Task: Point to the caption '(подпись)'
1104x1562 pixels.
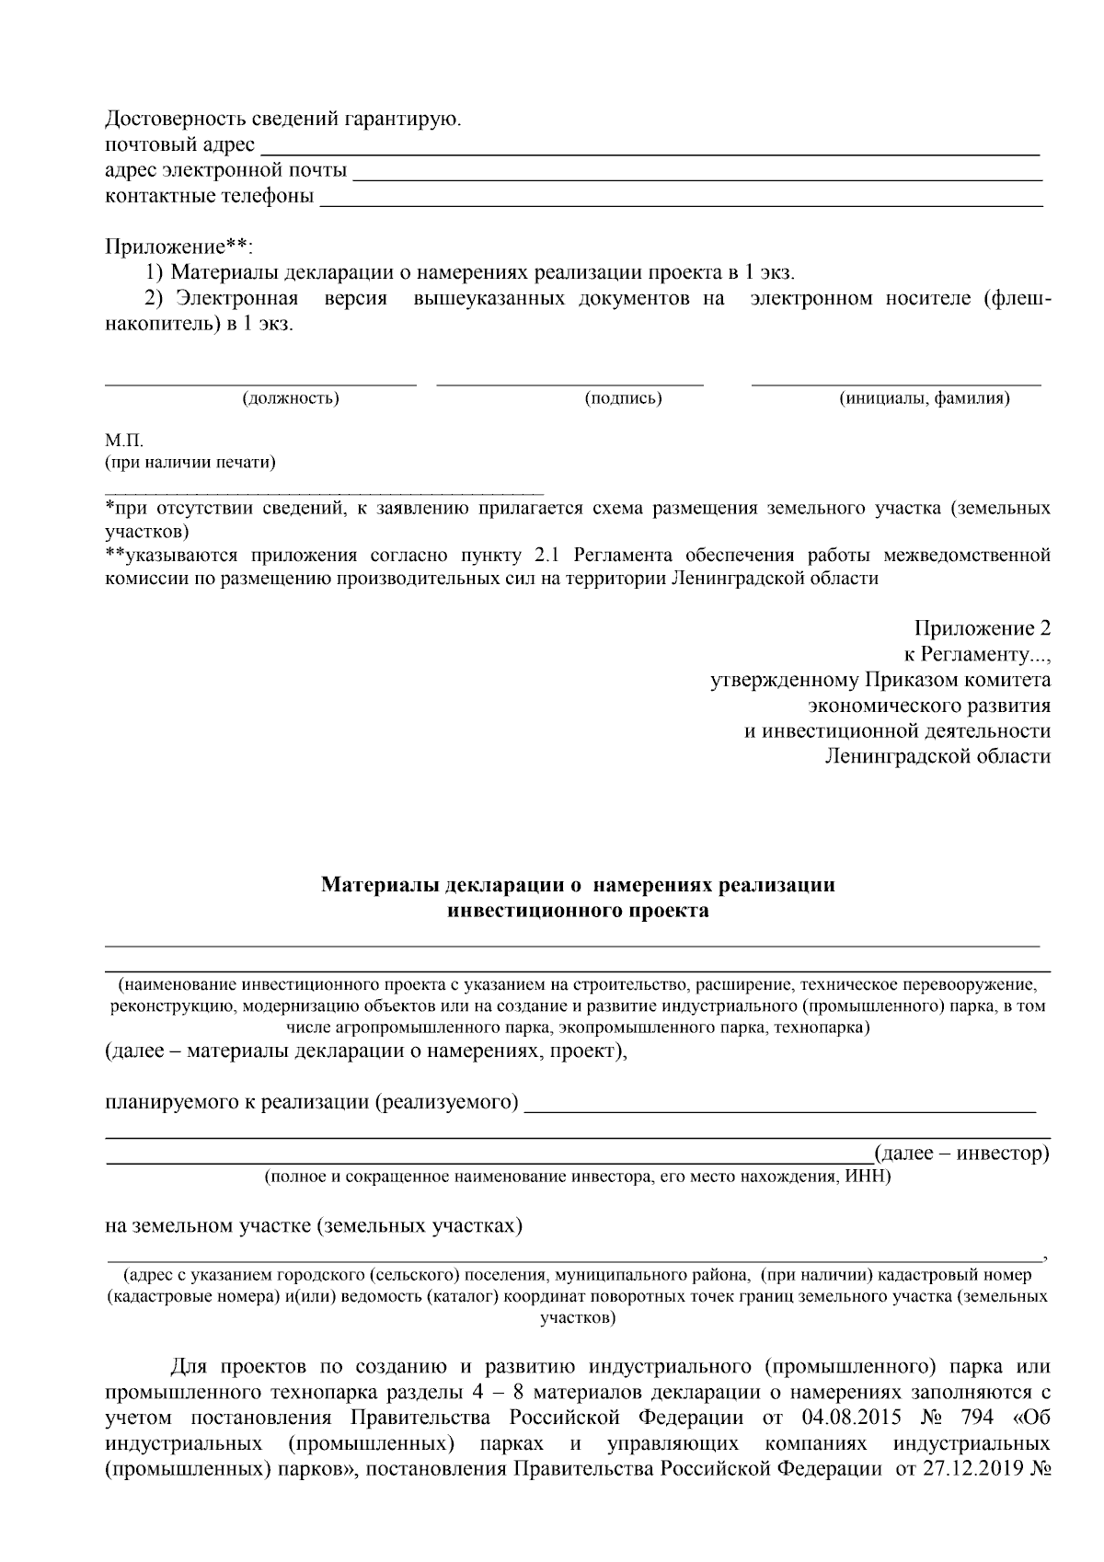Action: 624,398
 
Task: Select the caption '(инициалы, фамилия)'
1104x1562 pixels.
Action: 924,398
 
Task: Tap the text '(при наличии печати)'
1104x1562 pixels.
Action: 190,462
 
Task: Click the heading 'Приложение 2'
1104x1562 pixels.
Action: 982,629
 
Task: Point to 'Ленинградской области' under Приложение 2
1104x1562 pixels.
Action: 937,757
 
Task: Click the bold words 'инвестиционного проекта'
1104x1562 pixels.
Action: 578,911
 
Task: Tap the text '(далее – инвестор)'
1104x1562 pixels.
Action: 961,1152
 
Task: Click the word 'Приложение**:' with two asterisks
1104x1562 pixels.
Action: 178,247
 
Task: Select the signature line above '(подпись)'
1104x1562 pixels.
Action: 569,382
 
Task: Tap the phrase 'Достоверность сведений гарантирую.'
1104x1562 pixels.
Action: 284,120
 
